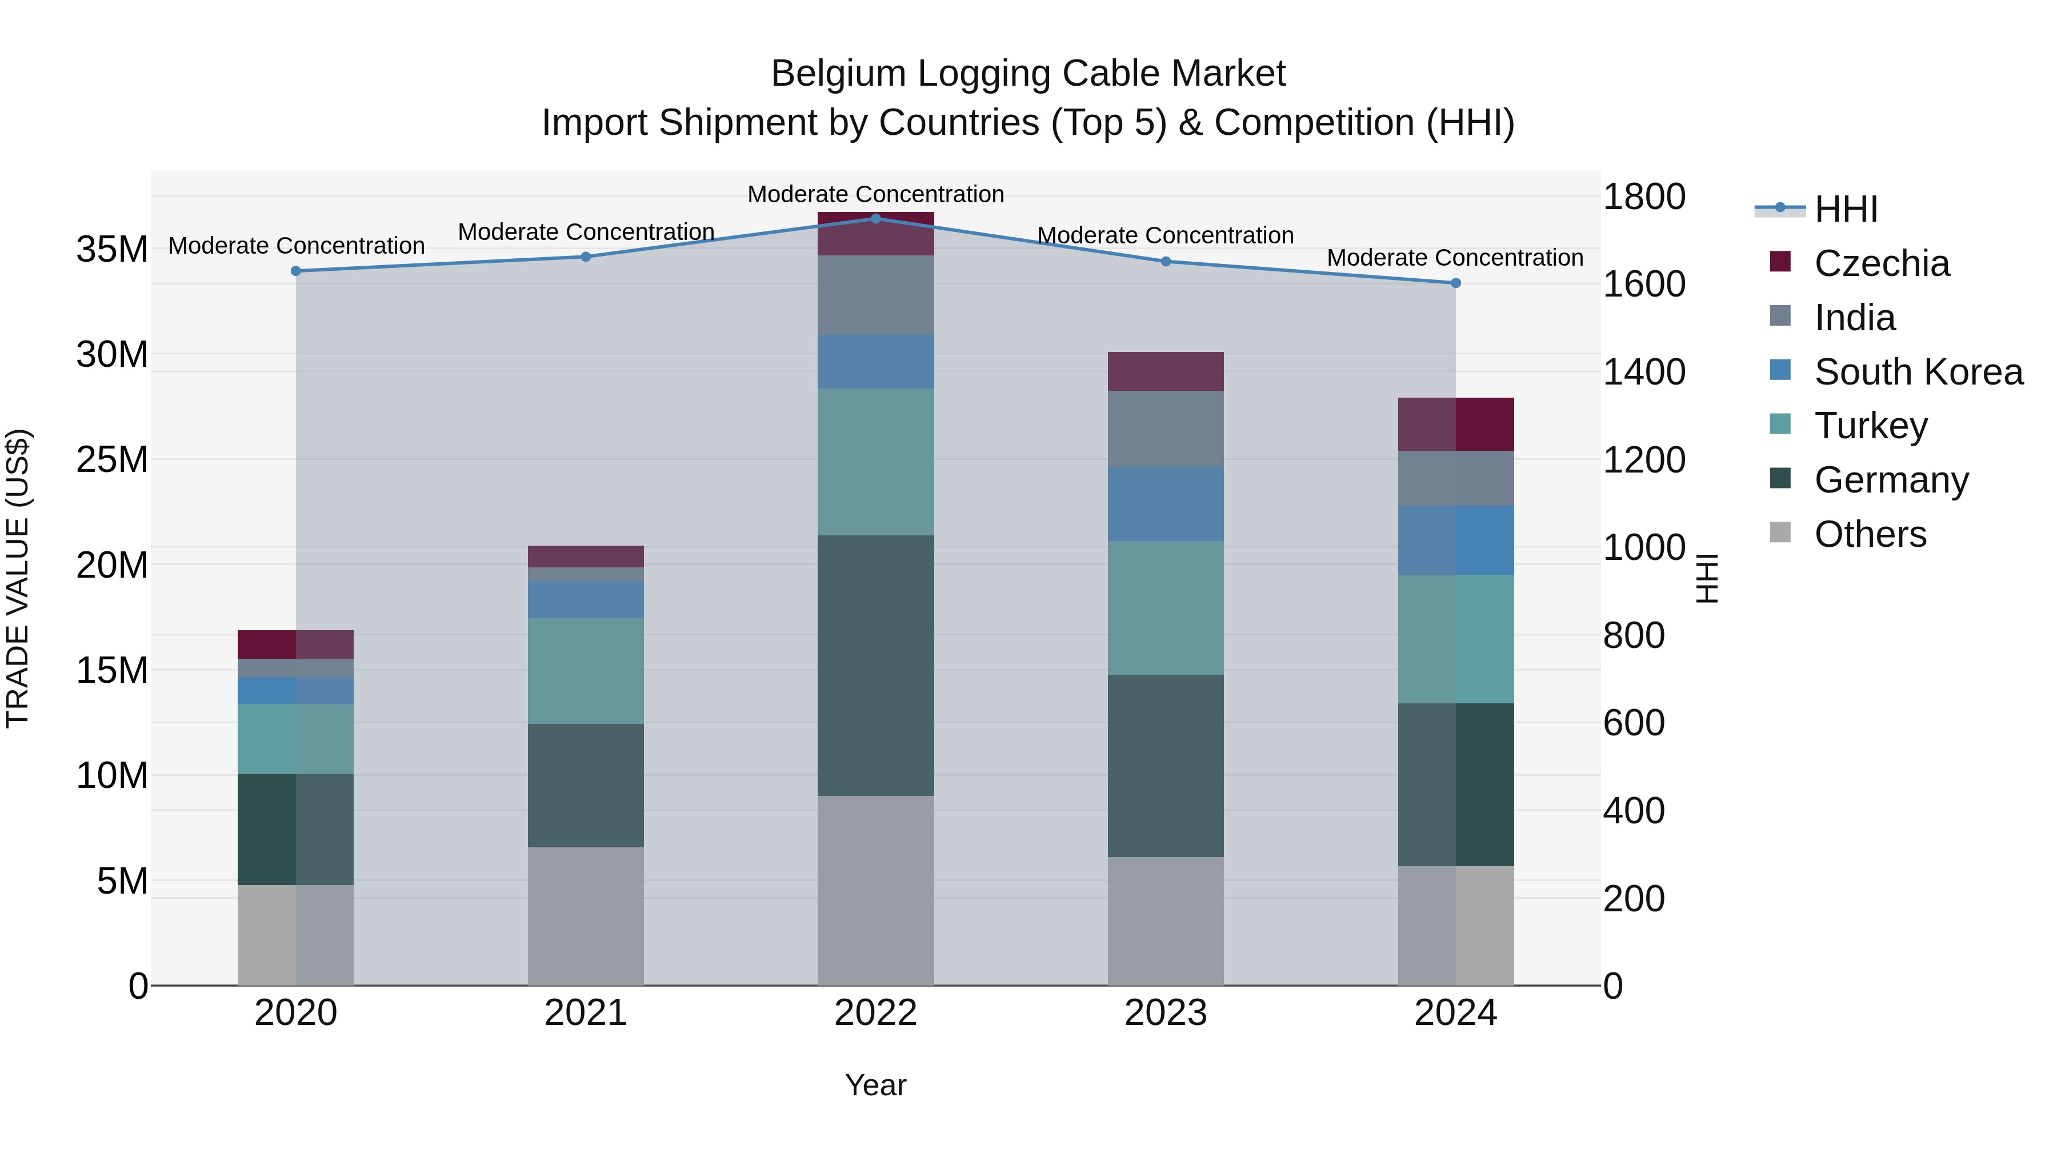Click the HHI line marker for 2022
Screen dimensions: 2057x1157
[875, 218]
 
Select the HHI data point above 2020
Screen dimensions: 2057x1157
[295, 271]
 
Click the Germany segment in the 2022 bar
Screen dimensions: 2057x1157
[875, 664]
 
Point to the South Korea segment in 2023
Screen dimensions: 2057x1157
[1165, 504]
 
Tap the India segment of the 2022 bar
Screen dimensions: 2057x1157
[875, 295]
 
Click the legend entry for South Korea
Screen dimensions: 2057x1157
[1918, 371]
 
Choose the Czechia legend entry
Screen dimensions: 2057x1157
[1882, 263]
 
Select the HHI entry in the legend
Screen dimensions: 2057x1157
[1846, 209]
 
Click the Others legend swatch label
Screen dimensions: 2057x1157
[1870, 534]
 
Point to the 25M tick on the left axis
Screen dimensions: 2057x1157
[112, 460]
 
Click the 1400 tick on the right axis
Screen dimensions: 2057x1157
[1643, 372]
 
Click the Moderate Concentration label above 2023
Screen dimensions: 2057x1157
[1165, 235]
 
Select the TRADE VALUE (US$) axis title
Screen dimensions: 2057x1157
[18, 578]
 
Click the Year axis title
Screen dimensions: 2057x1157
[875, 1085]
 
